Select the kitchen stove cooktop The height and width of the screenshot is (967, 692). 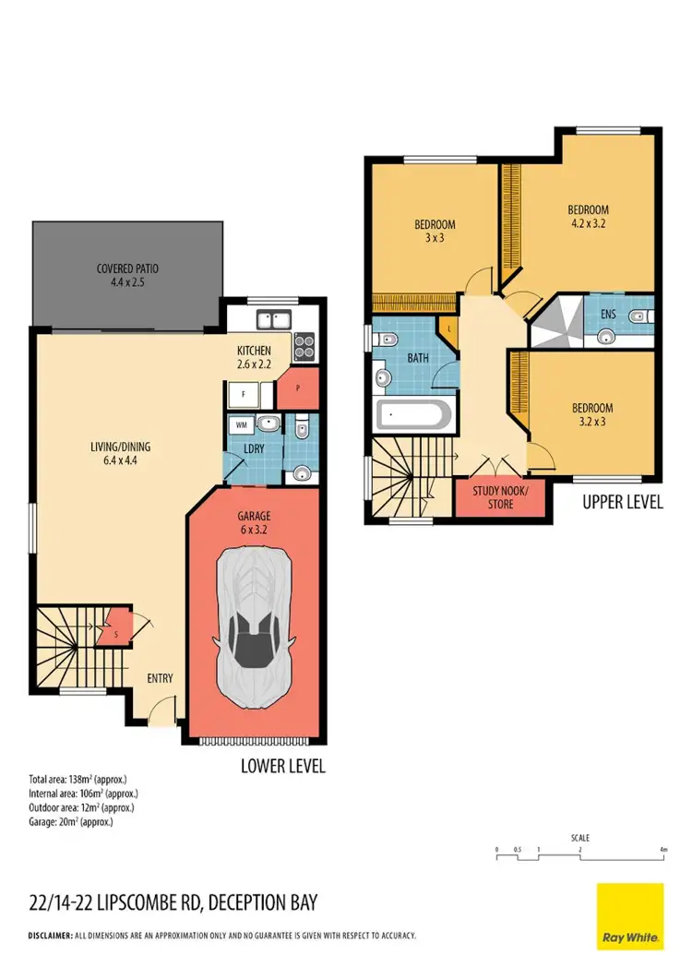click(304, 346)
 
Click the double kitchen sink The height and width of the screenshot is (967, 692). click(274, 322)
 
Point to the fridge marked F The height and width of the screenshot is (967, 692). click(244, 394)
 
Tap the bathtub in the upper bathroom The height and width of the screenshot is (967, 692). click(414, 416)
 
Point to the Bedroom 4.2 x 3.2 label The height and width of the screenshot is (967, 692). click(588, 216)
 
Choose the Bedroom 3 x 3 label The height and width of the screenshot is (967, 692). click(434, 231)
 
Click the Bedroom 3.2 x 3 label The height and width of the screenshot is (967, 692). click(591, 414)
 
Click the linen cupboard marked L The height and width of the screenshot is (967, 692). click(448, 328)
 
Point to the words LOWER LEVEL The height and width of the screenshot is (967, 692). click(282, 766)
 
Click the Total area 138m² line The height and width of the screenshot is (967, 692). click(78, 780)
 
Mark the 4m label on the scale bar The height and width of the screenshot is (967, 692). click(663, 849)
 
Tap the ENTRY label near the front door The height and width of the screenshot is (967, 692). click(160, 678)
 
